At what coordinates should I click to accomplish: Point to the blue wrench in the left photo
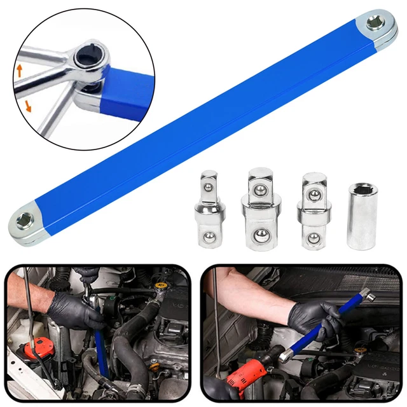point(100,350)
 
